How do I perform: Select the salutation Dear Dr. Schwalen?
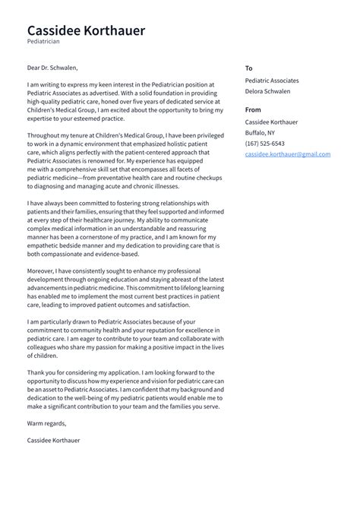coord(52,68)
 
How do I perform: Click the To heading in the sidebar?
coord(249,68)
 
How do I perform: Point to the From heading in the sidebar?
coord(254,110)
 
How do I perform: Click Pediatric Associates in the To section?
coord(272,80)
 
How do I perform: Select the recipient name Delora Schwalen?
coord(267,91)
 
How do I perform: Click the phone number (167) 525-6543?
coord(265,143)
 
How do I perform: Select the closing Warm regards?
coord(46,423)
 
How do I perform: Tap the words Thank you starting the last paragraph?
coord(43,372)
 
